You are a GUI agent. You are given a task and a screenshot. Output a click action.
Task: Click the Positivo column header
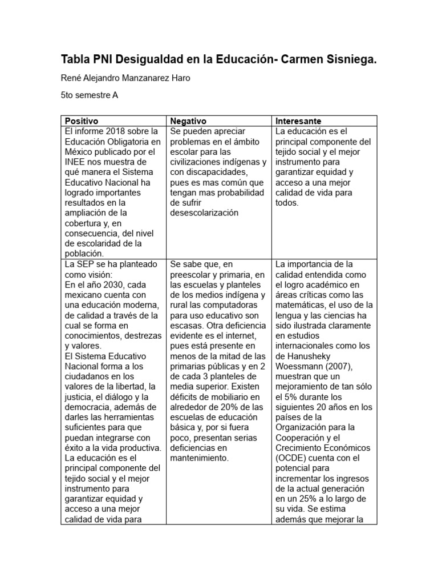[82, 121]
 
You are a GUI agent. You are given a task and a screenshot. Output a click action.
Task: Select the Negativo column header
[188, 121]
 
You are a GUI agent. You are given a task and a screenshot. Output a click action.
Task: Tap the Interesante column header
[298, 121]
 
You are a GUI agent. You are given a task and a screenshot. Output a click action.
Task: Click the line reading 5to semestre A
[89, 95]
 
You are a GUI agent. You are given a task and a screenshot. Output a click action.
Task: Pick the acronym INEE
[76, 162]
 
